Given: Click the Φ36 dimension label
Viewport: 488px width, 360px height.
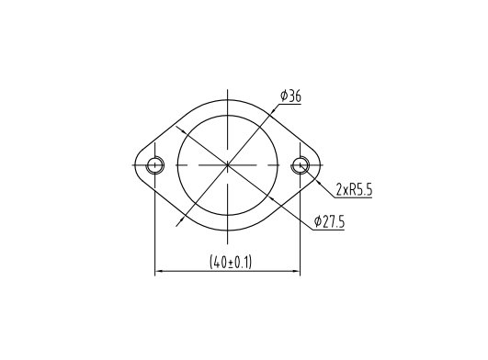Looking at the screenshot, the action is click(290, 96).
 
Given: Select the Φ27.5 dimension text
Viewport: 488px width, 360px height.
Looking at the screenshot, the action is click(329, 221).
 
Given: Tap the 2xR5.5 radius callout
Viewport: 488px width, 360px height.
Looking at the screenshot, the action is click(354, 189).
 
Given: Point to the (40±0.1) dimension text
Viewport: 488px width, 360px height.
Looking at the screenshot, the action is click(231, 263).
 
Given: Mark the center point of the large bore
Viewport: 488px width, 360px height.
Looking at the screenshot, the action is click(228, 164).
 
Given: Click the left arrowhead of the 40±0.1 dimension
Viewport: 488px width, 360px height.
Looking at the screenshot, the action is click(159, 272).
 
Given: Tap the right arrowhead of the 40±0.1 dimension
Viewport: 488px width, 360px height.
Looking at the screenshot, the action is click(296, 272).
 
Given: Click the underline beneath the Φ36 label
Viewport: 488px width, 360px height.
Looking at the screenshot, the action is click(290, 104).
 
